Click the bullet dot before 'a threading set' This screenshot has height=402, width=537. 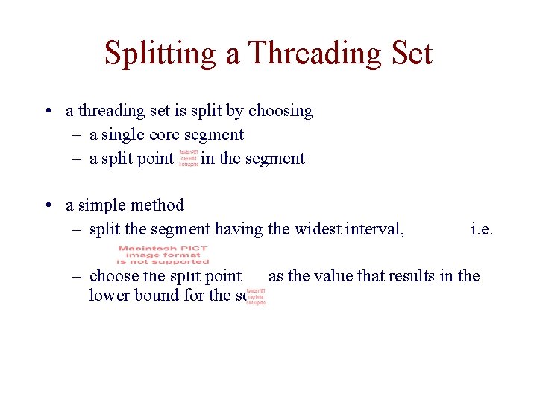(x=47, y=111)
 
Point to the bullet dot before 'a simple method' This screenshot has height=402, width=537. (x=47, y=205)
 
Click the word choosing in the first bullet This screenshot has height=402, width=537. (x=280, y=111)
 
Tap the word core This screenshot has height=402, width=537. (x=165, y=135)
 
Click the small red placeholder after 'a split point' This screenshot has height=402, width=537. (x=189, y=158)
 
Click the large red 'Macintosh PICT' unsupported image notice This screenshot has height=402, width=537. (x=163, y=255)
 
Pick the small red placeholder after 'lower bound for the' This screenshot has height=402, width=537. (x=256, y=296)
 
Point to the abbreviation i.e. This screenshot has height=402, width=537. (x=481, y=229)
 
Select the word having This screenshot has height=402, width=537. (x=239, y=229)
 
